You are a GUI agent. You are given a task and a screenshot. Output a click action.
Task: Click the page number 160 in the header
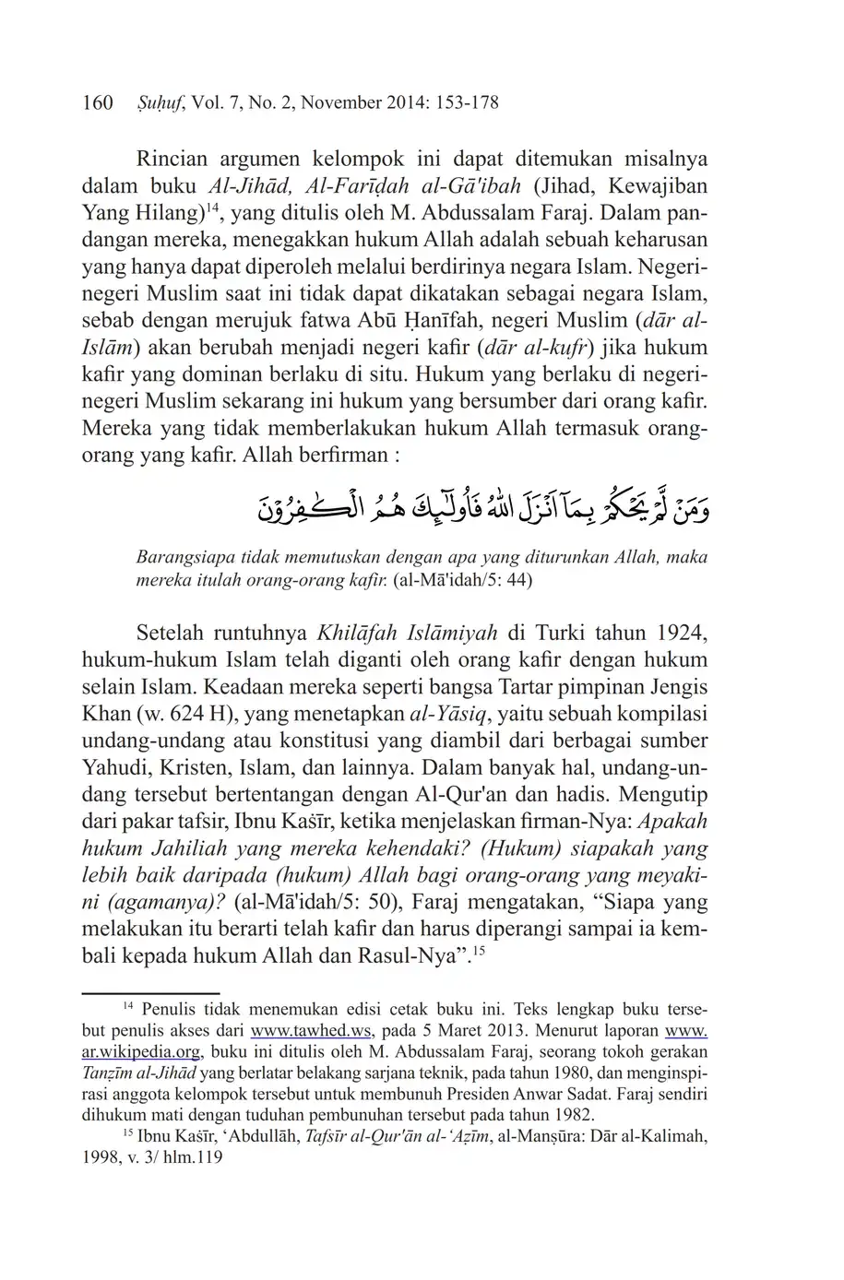point(97,102)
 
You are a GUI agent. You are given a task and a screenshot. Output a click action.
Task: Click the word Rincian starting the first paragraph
point(173,159)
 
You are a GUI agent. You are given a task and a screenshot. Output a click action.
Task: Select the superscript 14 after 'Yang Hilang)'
point(210,207)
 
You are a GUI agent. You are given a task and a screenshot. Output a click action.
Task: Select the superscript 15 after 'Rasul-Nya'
point(479,951)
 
